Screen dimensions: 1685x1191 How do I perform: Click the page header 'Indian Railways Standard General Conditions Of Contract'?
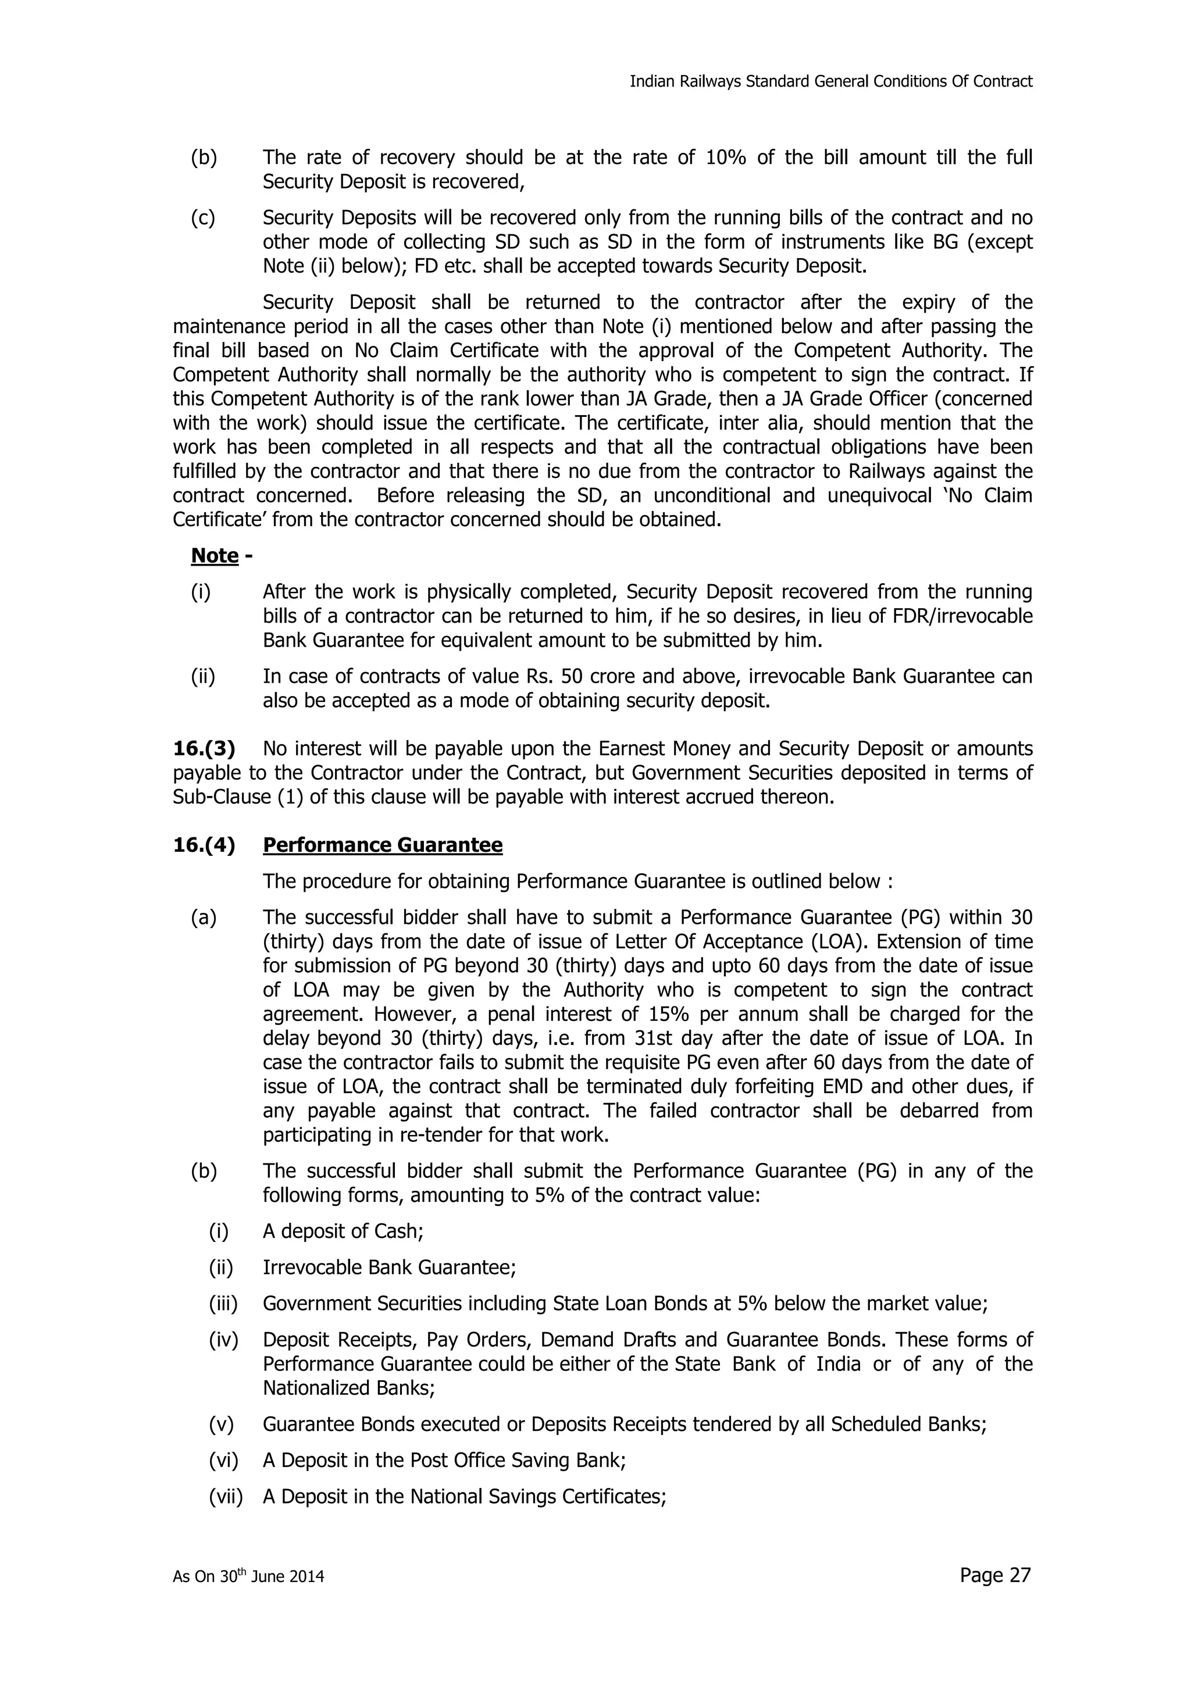coord(830,81)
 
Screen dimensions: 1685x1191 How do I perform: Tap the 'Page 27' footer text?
coord(994,1575)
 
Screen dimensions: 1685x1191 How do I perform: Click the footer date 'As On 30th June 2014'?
coord(248,1576)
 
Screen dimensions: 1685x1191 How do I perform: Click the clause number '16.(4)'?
coord(204,845)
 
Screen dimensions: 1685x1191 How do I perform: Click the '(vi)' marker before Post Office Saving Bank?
coord(224,1460)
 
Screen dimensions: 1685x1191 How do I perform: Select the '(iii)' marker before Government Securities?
coord(223,1304)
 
